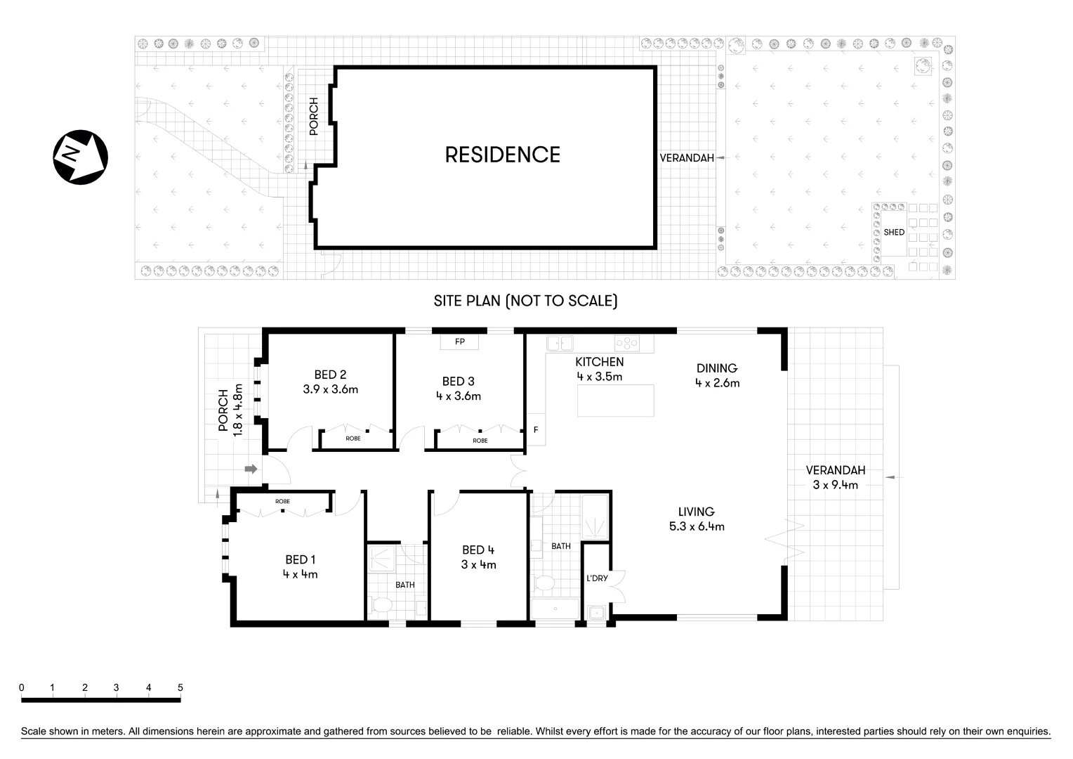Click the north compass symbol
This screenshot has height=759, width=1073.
coord(80,157)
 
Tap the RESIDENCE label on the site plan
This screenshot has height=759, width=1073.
coord(502,155)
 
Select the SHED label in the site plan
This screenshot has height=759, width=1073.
coord(894,232)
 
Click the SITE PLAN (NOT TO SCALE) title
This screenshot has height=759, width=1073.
coord(525,301)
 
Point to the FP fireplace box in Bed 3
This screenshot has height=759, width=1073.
coord(460,342)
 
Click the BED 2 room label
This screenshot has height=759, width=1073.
coord(330,375)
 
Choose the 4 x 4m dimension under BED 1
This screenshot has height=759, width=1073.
coord(301,574)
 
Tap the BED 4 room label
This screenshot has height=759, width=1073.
coord(478,550)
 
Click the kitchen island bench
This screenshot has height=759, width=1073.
coord(616,401)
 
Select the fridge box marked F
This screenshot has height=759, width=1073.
coord(536,430)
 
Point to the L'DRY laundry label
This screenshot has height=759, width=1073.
coord(596,578)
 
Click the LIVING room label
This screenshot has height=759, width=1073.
coord(696,512)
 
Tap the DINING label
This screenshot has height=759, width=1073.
coord(716,368)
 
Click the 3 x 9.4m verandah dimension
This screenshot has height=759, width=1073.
coord(835,484)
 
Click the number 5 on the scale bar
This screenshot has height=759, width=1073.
coord(180,687)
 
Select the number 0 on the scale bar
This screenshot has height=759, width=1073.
coord(22,687)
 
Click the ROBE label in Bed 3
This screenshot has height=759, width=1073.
coord(480,441)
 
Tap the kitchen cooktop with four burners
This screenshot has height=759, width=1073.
coord(626,343)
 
